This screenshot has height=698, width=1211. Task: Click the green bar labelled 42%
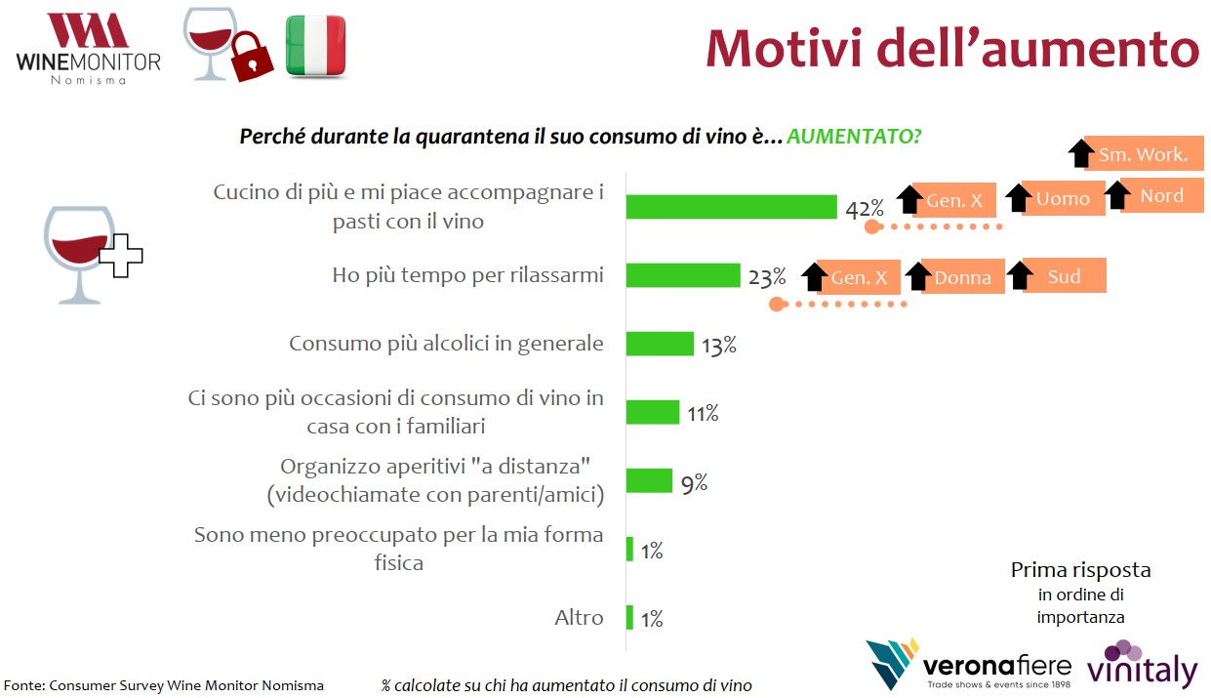(732, 207)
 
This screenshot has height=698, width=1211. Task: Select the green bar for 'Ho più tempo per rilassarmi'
(683, 275)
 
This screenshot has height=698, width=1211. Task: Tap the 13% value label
(719, 345)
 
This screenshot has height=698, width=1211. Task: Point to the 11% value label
(703, 414)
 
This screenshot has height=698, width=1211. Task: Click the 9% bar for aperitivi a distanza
(649, 480)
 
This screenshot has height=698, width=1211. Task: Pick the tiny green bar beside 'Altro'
(629, 617)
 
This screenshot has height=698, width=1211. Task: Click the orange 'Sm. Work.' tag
(1144, 153)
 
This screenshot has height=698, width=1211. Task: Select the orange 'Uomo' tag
(1063, 198)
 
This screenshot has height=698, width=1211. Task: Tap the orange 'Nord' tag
(1162, 195)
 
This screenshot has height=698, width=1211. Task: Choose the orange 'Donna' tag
(963, 277)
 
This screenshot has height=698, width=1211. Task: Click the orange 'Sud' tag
(1064, 275)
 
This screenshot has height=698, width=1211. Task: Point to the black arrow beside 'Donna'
(918, 276)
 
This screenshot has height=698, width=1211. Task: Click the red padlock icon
(251, 58)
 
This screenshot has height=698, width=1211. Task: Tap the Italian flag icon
(316, 46)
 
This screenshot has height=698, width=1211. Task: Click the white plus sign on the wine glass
(121, 256)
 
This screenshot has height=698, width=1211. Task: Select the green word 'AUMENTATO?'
(854, 137)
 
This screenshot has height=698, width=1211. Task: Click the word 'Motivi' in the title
(784, 49)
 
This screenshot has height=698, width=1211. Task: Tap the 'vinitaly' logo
(1142, 665)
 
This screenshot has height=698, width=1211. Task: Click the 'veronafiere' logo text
(997, 666)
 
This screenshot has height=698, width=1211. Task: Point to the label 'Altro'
(579, 617)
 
